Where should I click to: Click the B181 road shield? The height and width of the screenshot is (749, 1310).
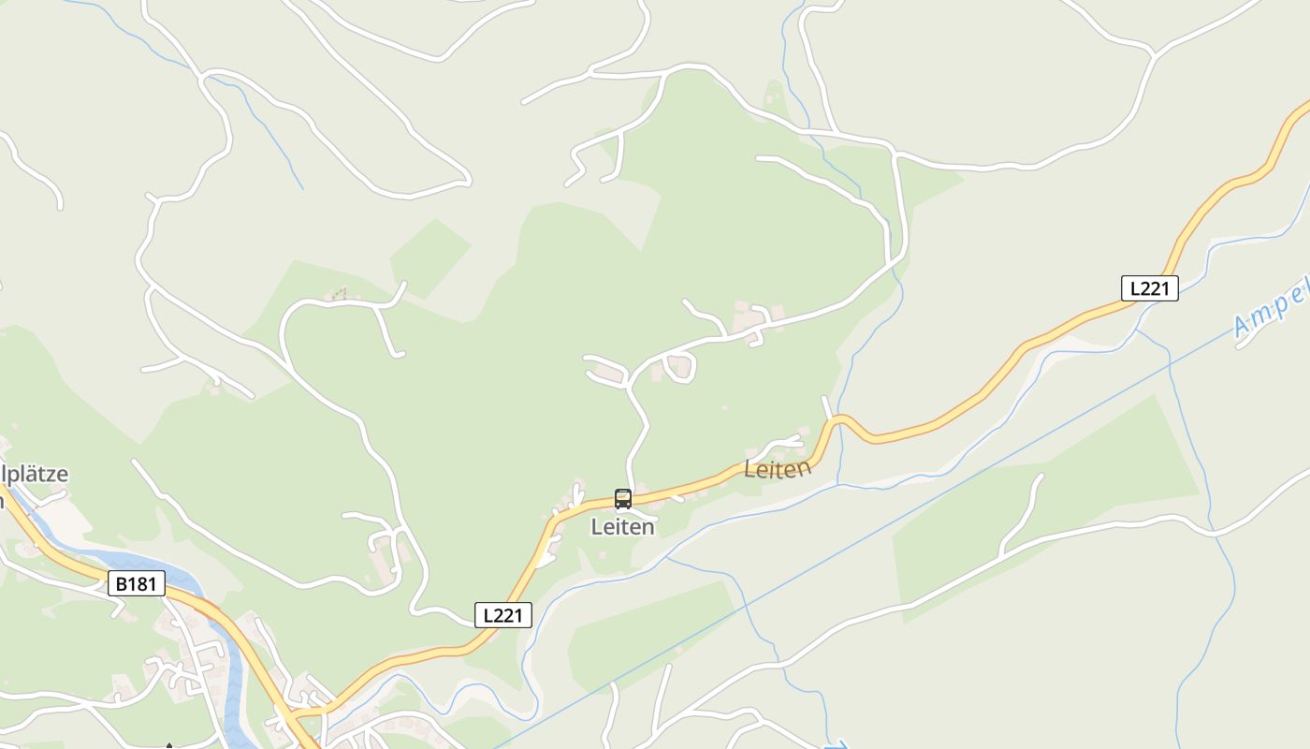pyautogui.click(x=137, y=584)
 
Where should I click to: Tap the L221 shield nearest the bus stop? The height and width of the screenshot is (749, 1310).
pyautogui.click(x=503, y=614)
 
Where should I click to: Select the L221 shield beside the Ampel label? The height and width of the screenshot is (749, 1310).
pyautogui.click(x=1149, y=288)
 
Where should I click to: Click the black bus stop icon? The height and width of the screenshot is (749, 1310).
pyautogui.click(x=623, y=498)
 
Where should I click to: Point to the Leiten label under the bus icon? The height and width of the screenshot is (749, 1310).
pyautogui.click(x=622, y=527)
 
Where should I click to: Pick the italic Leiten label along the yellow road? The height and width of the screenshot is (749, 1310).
pyautogui.click(x=778, y=468)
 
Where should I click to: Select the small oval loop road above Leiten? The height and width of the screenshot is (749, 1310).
pyautogui.click(x=679, y=367)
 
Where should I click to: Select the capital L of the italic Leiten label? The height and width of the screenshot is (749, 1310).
pyautogui.click(x=750, y=471)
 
